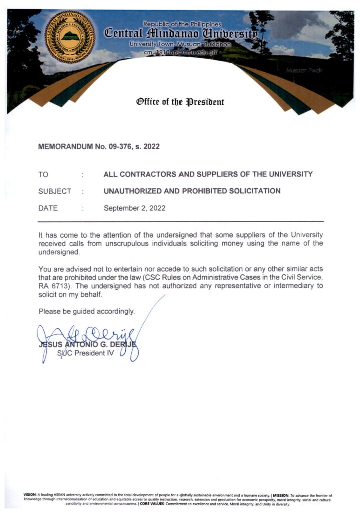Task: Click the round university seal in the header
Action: pos(70,36)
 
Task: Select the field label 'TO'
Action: pos(43,175)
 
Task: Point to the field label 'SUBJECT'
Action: pos(55,191)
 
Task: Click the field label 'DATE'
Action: pos(48,208)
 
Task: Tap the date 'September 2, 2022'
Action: pos(134,208)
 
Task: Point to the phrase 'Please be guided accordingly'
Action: pos(87,312)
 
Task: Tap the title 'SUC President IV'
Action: pos(86,353)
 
